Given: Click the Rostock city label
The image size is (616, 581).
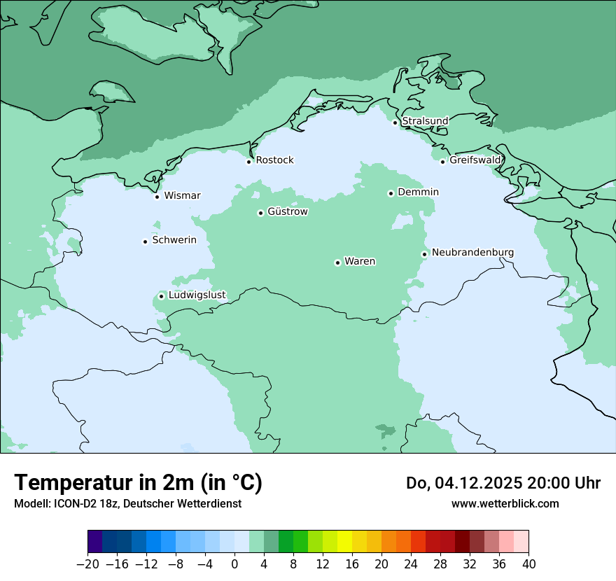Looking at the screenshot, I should tap(274, 160).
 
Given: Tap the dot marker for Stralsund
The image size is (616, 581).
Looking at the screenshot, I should tap(395, 122).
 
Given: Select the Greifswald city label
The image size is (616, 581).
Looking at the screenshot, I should tap(475, 160).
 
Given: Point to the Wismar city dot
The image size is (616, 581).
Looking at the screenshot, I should tap(157, 197).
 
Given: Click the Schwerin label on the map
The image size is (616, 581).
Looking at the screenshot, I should tap(174, 240).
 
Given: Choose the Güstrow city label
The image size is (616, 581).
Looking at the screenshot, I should tap(287, 211).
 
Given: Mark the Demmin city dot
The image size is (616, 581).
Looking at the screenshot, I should tap(391, 193).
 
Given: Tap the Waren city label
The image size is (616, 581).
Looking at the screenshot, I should tap(360, 261).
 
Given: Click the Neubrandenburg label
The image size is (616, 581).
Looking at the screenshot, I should tap(472, 252).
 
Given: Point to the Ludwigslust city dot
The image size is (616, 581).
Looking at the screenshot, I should tap(161, 296).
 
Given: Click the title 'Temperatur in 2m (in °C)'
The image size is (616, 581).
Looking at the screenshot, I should tap(138, 482).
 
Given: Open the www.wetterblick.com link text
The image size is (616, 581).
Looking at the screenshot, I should tap(505, 503).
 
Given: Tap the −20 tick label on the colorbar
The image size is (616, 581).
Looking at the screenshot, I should tap(88, 564).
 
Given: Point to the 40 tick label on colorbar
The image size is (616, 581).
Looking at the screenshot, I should tap(528, 564).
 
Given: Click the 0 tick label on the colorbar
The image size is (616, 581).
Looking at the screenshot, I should tap(234, 564).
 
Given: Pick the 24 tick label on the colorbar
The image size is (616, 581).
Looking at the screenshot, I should tap(411, 564).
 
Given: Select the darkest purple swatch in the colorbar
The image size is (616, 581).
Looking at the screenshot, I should tap(95, 542).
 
